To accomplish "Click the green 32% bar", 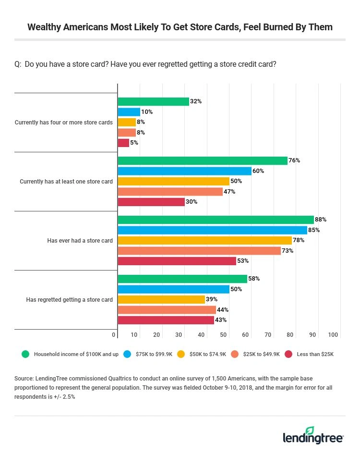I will pos(153,101).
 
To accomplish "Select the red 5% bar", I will pos(123,143).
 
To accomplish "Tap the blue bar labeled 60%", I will pos(184,171).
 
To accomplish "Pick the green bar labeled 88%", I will pos(216,220).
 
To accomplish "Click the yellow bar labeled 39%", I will pos(161,299).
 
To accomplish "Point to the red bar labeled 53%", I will pos(177,261).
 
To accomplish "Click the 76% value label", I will pos(294,160).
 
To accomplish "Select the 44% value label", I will pos(223,310).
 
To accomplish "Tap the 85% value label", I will pos(314,230).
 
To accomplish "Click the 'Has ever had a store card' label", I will pos(80,240).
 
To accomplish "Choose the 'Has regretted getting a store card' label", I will pos(69,299).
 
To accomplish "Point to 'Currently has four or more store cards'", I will pos(64,122).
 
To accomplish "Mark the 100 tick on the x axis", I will pos(333,335).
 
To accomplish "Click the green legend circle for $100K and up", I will pos(25,354).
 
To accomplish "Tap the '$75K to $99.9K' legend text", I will pos(155,354).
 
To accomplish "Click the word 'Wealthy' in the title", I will pos(47,27).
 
